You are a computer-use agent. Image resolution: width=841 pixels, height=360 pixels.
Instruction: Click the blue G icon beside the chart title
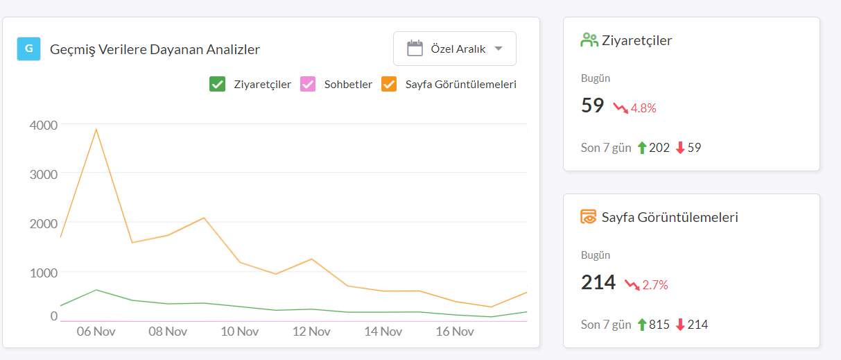pyautogui.click(x=29, y=49)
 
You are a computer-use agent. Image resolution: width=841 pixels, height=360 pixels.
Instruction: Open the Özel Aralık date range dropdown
pyautogui.click(x=455, y=49)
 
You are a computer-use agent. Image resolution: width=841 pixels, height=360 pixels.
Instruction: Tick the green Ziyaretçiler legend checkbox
pyautogui.click(x=218, y=84)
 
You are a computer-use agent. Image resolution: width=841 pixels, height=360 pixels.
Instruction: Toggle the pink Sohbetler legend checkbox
pyautogui.click(x=308, y=84)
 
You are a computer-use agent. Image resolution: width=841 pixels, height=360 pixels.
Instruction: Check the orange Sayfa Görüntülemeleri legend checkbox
pyautogui.click(x=389, y=84)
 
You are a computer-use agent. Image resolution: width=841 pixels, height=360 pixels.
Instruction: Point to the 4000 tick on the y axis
pyautogui.click(x=44, y=125)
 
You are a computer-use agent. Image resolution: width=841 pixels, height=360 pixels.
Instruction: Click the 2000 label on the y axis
pyautogui.click(x=44, y=223)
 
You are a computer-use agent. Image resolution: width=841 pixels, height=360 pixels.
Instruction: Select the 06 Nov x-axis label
pyautogui.click(x=96, y=332)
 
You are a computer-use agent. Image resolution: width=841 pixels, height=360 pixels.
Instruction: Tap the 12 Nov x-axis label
pyautogui.click(x=311, y=332)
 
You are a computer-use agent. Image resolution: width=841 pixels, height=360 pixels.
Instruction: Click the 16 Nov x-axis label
pyautogui.click(x=455, y=332)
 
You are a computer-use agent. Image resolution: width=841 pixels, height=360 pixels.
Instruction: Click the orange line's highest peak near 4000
pyautogui.click(x=96, y=129)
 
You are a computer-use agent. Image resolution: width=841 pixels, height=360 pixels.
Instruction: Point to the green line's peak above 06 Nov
pyautogui.click(x=96, y=290)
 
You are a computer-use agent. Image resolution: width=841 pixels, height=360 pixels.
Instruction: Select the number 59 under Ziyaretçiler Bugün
pyautogui.click(x=593, y=105)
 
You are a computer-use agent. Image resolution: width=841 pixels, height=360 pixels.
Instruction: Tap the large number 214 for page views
pyautogui.click(x=598, y=282)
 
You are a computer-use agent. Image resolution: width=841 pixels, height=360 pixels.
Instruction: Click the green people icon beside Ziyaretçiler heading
pyautogui.click(x=589, y=40)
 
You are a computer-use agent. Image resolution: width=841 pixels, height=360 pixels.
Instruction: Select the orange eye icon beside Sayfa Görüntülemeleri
pyautogui.click(x=589, y=217)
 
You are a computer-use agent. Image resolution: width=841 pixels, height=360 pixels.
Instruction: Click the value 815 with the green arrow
pyautogui.click(x=659, y=325)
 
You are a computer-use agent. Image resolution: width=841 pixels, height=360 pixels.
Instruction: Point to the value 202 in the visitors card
pyautogui.click(x=659, y=148)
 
